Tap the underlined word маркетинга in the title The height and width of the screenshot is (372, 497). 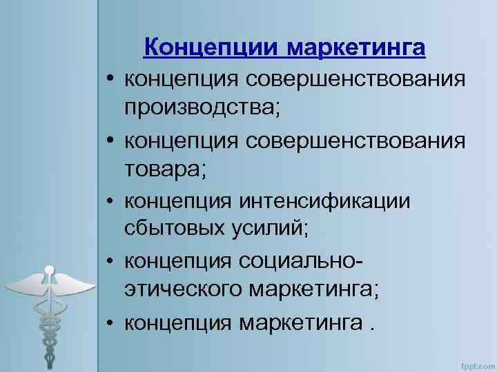coord(355,48)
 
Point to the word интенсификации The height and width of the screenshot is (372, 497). coord(324,201)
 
